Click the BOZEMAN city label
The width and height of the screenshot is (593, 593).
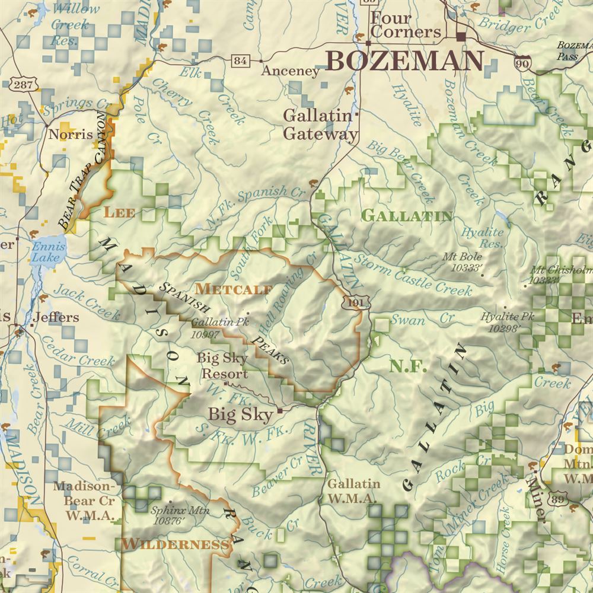[x=405, y=61]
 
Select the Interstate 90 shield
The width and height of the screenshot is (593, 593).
[x=522, y=64]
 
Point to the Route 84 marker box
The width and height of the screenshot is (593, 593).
[x=240, y=60]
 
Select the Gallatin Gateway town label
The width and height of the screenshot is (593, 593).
[x=321, y=125]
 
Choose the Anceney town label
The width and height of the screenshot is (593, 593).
[x=291, y=71]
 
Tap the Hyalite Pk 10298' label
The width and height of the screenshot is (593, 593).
[x=508, y=321]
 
